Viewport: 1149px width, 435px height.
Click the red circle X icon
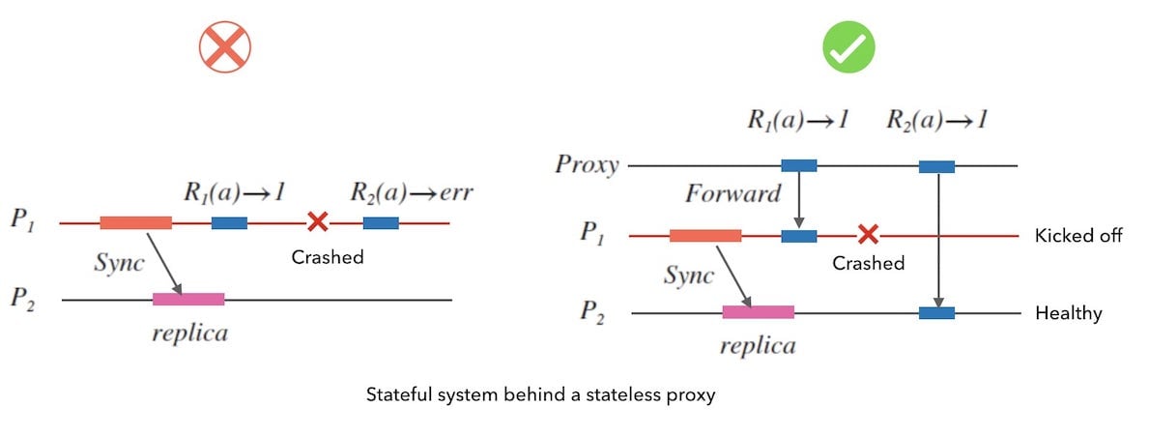pos(225,47)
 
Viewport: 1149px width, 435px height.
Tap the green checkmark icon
pos(848,47)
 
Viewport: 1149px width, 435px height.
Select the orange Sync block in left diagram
pos(135,223)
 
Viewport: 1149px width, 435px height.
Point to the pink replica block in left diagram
pos(188,300)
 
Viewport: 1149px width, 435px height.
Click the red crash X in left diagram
pos(317,223)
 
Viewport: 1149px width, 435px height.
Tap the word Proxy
pos(587,164)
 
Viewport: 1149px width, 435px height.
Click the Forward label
pos(732,194)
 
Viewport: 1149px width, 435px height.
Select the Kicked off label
pos(1078,236)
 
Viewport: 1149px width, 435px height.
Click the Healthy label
pos(1068,313)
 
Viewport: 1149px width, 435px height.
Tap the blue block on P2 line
pos(936,313)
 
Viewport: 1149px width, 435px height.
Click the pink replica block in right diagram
pos(759,312)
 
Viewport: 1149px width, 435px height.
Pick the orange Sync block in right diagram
pos(705,236)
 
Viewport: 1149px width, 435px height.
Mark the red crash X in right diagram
pos(868,235)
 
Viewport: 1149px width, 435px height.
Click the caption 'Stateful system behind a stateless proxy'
pos(540,395)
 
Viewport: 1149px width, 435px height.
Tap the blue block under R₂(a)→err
pos(381,223)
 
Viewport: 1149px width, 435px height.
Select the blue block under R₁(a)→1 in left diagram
pos(229,223)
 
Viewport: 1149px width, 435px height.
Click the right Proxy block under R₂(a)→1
pos(936,166)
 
